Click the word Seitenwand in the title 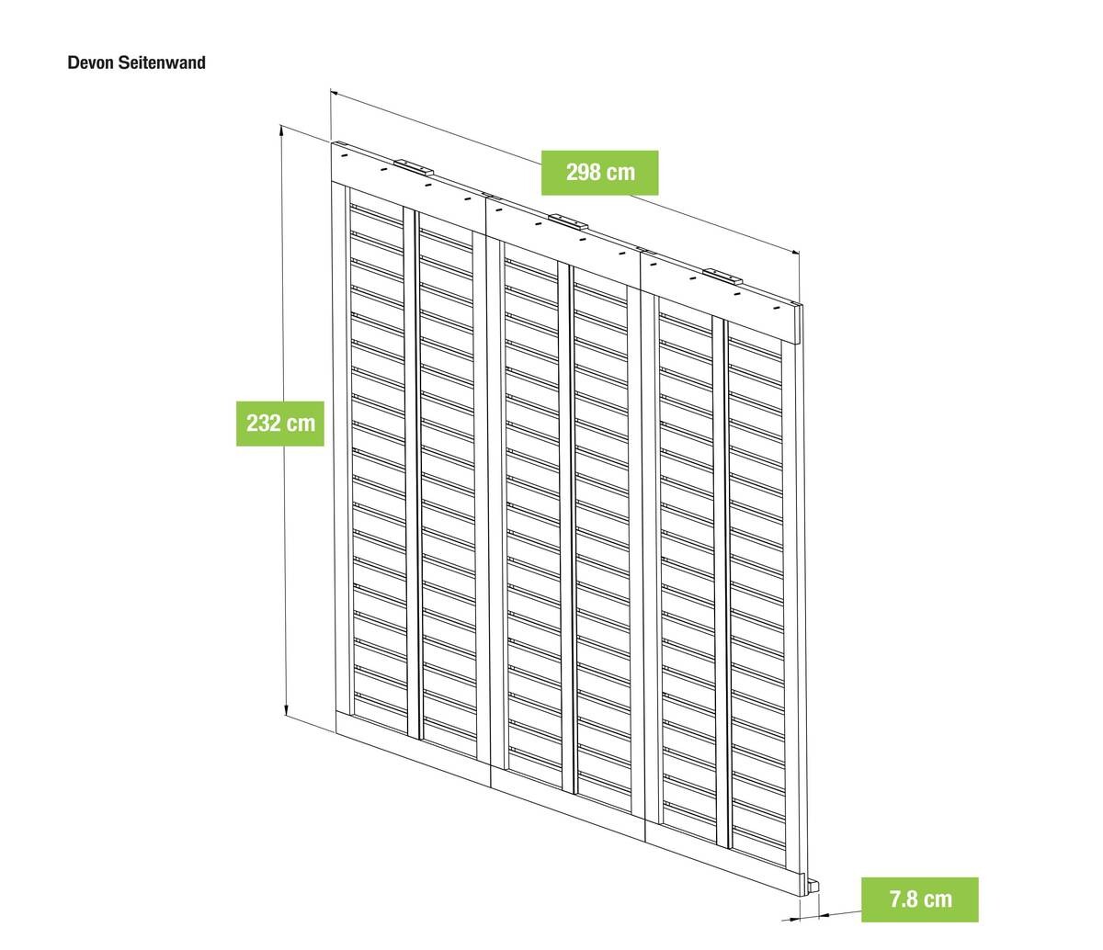click(162, 62)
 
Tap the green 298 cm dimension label click(600, 173)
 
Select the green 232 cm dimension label click(280, 424)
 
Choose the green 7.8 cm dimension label click(920, 899)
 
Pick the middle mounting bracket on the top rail click(568, 221)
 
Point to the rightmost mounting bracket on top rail click(722, 277)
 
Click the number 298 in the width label click(584, 173)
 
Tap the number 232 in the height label click(263, 424)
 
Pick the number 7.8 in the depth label click(903, 899)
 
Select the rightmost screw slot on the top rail click(778, 309)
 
